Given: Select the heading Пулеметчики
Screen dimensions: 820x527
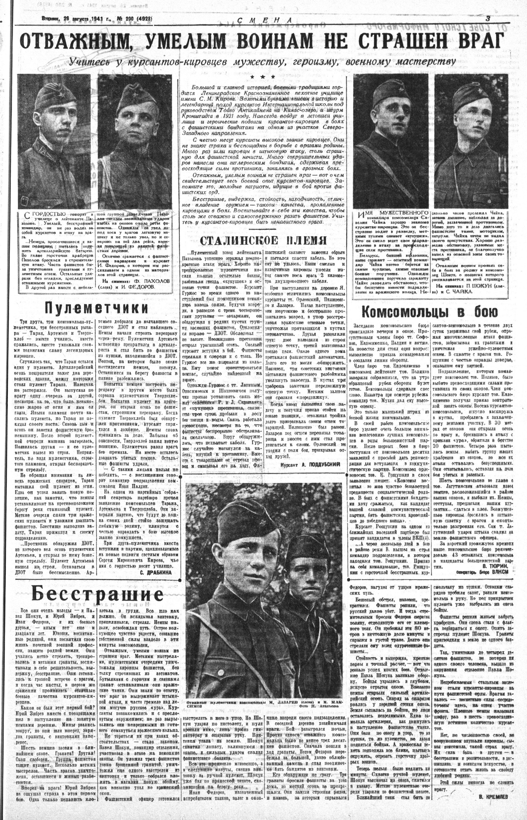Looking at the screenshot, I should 98,308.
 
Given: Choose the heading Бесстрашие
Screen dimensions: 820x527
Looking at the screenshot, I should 97,594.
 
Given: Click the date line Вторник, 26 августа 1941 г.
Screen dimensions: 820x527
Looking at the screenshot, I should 69,20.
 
